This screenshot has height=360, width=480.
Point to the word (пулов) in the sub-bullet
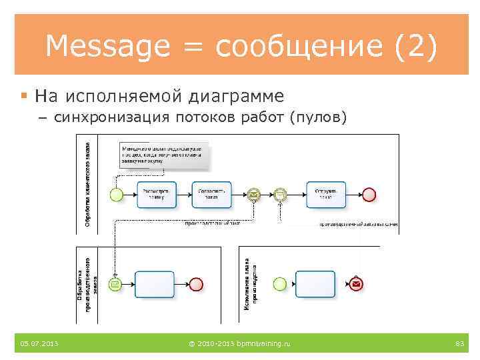(x=318, y=118)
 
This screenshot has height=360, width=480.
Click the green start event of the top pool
(x=117, y=195)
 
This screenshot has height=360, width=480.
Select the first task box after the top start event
(x=157, y=194)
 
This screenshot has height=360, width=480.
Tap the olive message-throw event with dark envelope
(x=253, y=195)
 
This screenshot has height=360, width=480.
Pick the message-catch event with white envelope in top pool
(x=281, y=195)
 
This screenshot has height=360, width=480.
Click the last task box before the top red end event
(x=326, y=194)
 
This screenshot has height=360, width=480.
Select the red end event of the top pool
(x=369, y=195)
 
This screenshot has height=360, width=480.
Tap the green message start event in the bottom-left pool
(x=116, y=285)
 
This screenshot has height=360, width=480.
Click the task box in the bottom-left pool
(x=154, y=285)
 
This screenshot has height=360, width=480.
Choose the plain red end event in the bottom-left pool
(x=196, y=285)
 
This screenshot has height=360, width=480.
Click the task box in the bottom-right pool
(x=315, y=285)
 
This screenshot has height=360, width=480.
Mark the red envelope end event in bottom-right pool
(x=357, y=285)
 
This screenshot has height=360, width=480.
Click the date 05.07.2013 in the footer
(x=39, y=343)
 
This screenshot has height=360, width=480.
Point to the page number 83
(x=459, y=343)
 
